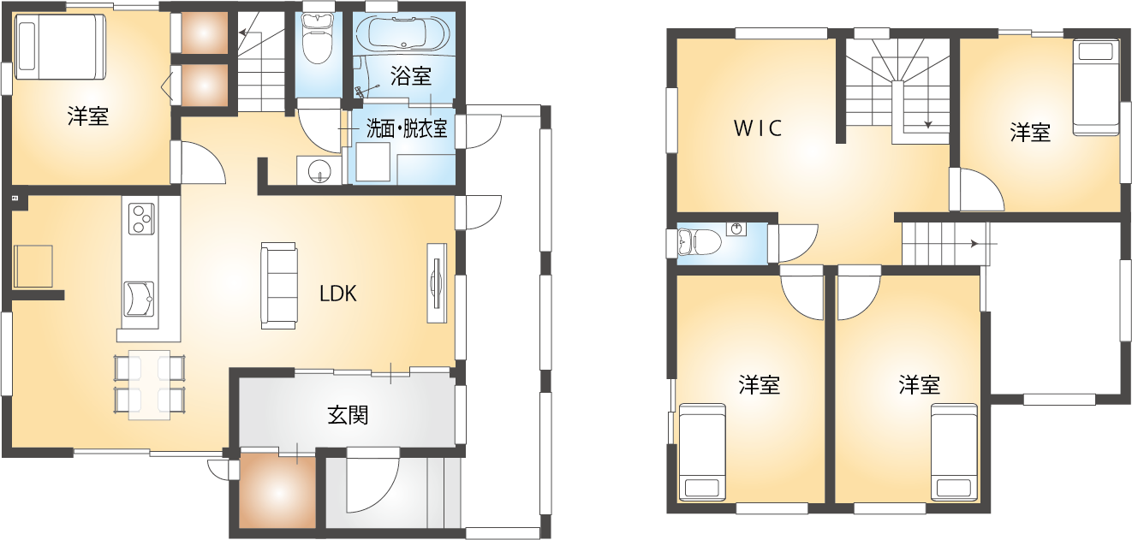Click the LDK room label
[x=338, y=294]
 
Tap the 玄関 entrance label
[x=349, y=415]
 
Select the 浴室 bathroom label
[x=411, y=76]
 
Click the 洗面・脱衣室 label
[x=407, y=129]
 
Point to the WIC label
[x=758, y=128]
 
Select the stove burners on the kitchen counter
[x=142, y=218]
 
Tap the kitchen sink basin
[x=139, y=299]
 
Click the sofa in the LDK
[x=279, y=286]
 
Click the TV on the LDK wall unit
[x=436, y=282]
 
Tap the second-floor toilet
[x=698, y=243]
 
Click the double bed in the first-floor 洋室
[x=60, y=46]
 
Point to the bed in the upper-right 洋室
[x=1096, y=88]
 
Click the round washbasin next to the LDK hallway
[x=319, y=170]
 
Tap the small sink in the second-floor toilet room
[x=736, y=228]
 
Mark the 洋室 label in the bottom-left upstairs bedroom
[x=759, y=385]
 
